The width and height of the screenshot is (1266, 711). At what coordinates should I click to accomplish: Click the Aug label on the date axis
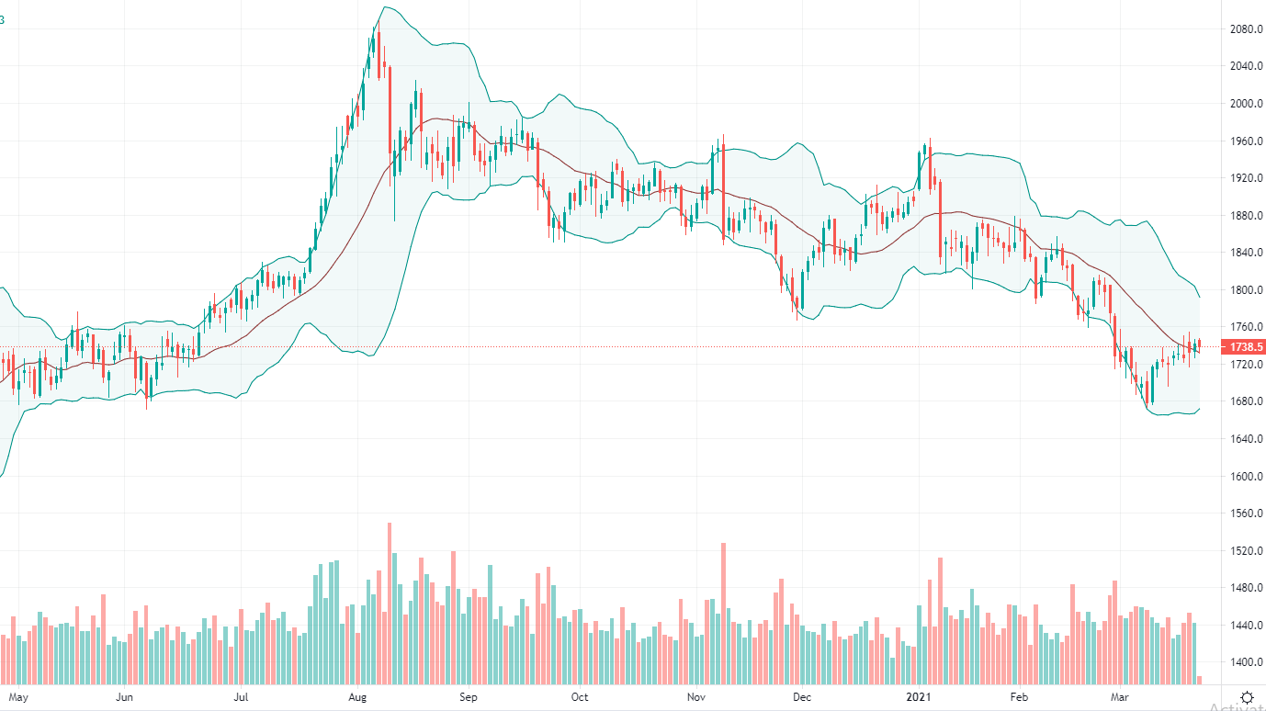tap(357, 697)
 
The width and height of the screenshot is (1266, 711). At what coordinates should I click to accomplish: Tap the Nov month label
tap(695, 697)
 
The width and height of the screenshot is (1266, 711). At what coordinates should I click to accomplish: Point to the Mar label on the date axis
tap(1118, 697)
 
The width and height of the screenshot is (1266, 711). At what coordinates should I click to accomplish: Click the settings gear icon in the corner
tap(1247, 697)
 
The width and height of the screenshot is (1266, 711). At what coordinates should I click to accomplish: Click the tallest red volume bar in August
tap(390, 603)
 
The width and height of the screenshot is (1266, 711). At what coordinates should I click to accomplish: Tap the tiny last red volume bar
tap(1200, 680)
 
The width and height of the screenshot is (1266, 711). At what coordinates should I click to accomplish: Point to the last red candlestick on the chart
tap(1199, 344)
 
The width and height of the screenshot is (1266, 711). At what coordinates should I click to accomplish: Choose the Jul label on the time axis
tap(242, 697)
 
